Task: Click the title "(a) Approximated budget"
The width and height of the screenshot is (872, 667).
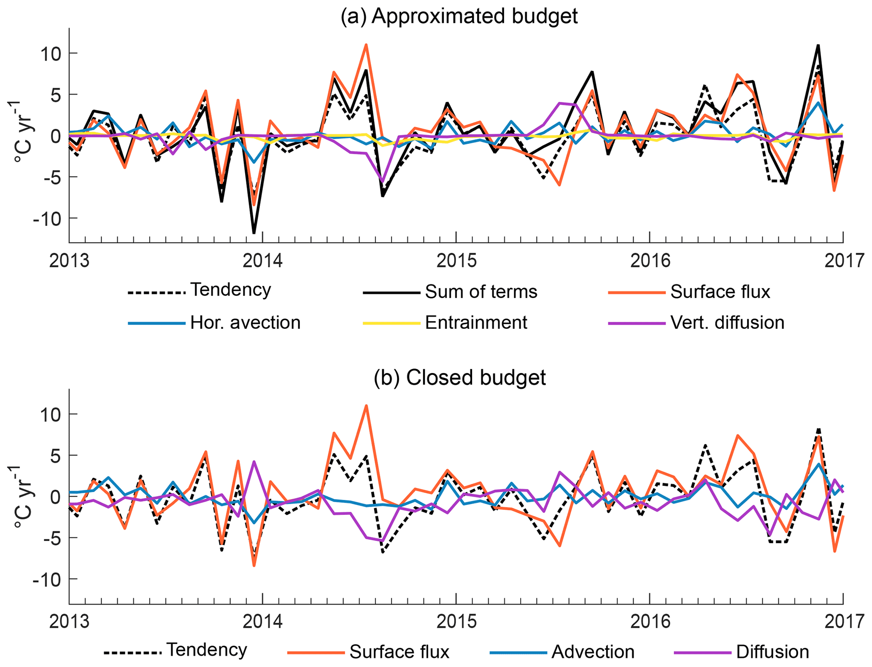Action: coord(459,16)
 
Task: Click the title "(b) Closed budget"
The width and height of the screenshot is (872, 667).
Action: coord(459,377)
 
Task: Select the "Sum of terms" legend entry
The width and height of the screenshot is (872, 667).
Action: coord(481,292)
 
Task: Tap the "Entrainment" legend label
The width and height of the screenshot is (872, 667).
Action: coord(476,323)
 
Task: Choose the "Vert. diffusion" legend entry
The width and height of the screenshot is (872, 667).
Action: coord(727,323)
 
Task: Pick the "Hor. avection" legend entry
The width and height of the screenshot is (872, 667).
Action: coord(245,323)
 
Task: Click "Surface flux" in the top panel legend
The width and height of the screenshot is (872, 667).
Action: coord(720,292)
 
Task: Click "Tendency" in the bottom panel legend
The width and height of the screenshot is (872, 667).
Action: coord(207,650)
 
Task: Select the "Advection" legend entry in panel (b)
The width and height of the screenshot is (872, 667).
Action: coord(593,652)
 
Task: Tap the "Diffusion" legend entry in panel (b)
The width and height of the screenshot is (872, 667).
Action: coord(772,652)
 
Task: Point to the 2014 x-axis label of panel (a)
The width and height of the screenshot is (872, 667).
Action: coord(262,261)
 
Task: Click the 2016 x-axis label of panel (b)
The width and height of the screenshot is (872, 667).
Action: coord(650,621)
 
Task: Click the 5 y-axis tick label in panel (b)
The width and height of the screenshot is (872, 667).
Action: coord(56,455)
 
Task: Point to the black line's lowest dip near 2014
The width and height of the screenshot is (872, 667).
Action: coord(254,232)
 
